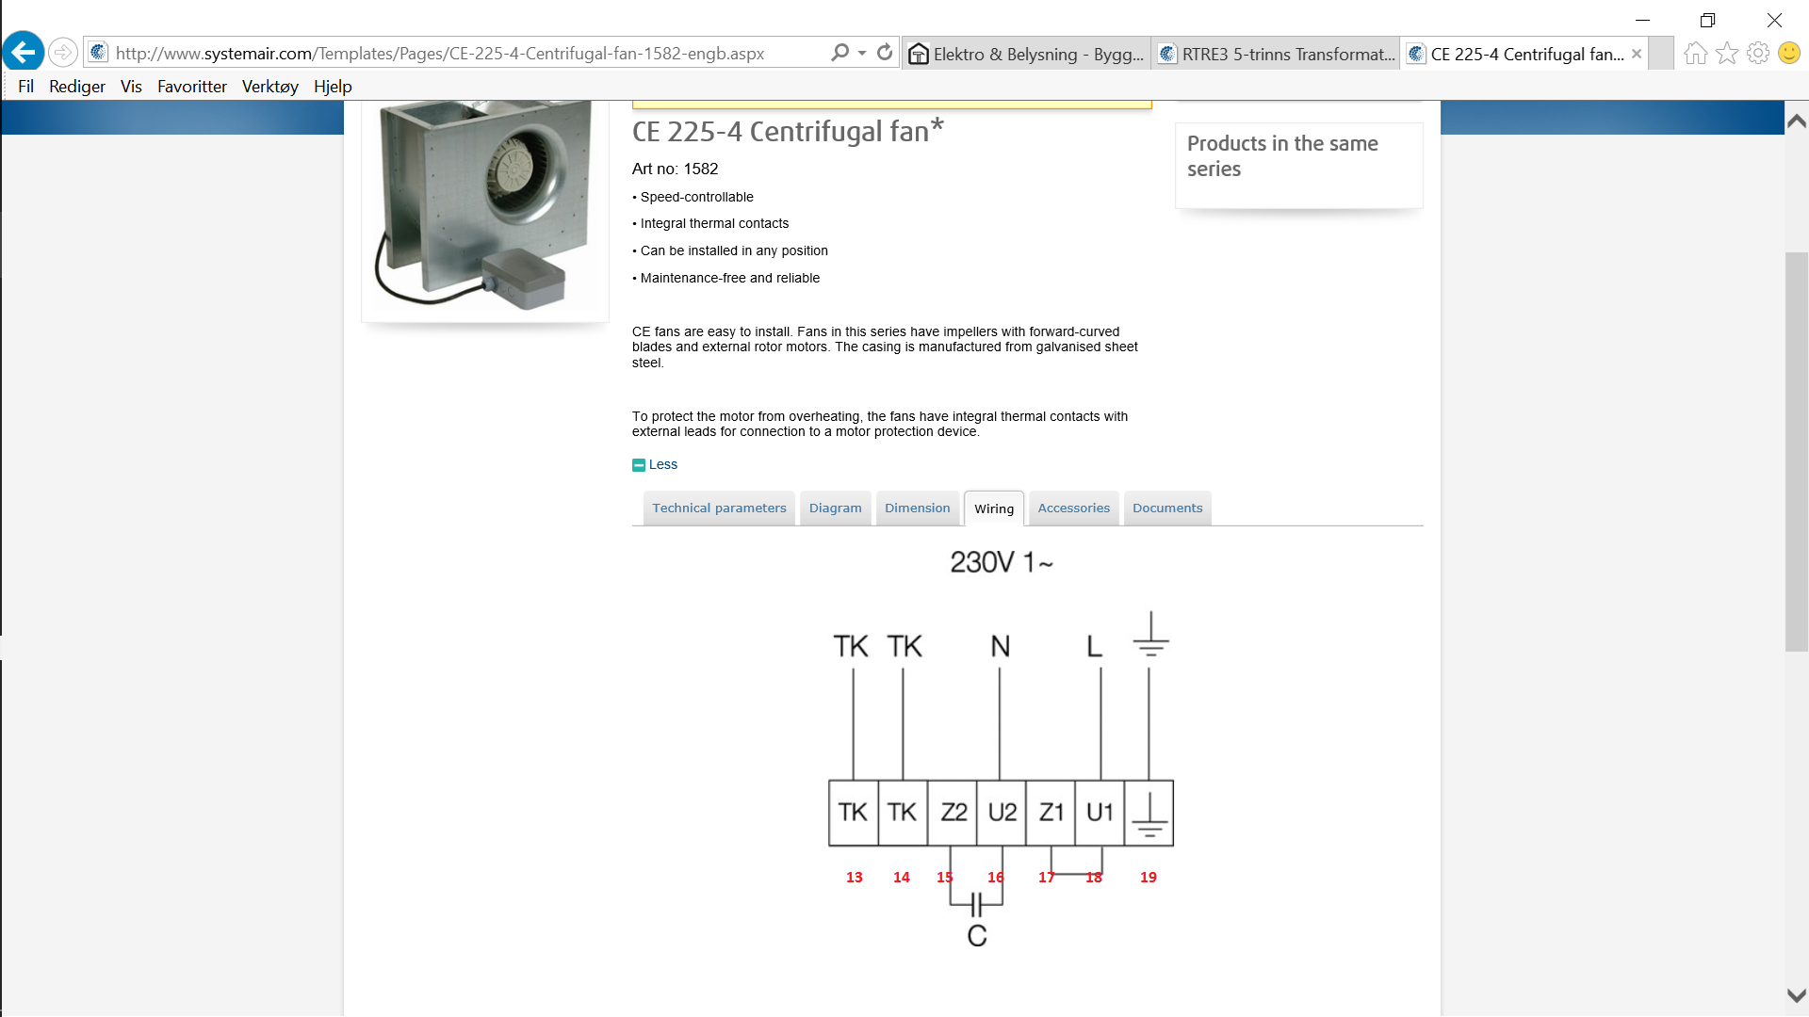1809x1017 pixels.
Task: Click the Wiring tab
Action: point(994,508)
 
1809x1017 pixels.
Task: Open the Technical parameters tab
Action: point(719,508)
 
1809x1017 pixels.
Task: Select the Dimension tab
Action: point(917,508)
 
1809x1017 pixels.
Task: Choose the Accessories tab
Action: point(1073,508)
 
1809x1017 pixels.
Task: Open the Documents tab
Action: point(1167,508)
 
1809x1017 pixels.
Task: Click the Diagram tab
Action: point(835,508)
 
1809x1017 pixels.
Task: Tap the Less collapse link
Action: point(655,464)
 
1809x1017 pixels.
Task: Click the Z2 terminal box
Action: point(953,813)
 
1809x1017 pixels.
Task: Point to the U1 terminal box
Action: point(1100,813)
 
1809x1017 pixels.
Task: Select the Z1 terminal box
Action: point(1051,813)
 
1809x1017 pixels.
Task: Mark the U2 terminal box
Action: point(1002,813)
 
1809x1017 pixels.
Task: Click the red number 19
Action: point(1148,878)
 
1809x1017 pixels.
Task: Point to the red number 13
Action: point(854,878)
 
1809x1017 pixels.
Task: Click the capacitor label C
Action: point(977,936)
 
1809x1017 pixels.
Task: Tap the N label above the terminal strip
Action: point(1001,647)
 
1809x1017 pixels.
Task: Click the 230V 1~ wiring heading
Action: point(1002,562)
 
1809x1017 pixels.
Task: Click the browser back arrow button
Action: point(23,52)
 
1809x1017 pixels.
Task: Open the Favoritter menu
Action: point(192,87)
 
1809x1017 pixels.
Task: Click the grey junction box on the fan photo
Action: point(523,279)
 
